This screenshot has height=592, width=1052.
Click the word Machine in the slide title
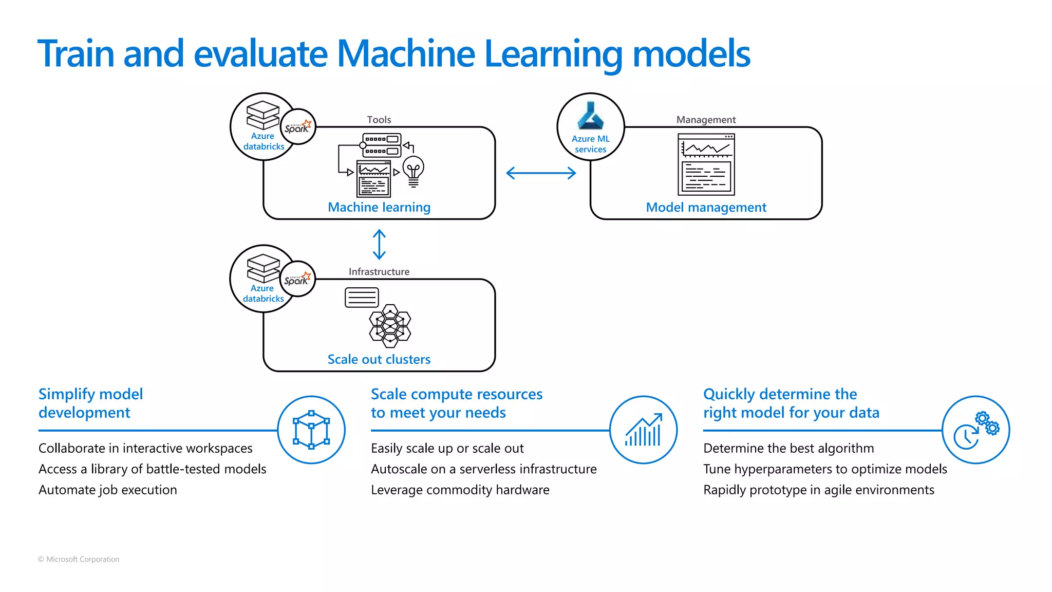click(x=406, y=53)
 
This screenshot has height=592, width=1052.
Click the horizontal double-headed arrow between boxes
click(x=541, y=173)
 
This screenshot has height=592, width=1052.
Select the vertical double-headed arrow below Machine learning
click(x=379, y=244)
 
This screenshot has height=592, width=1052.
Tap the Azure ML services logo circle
click(x=591, y=126)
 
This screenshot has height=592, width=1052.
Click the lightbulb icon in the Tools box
click(x=414, y=171)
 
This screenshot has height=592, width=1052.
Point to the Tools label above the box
click(x=379, y=120)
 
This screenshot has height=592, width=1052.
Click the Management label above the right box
click(x=706, y=120)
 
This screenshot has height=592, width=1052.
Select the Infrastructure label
click(x=379, y=272)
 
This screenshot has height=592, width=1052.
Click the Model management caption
click(x=706, y=208)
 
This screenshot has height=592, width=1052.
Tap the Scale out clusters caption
click(x=379, y=360)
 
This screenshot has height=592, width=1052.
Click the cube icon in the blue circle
click(x=311, y=430)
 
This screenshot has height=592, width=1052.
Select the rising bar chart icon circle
click(x=643, y=430)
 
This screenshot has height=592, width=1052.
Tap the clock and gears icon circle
click(x=975, y=430)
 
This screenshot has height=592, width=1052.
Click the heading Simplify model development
click(x=91, y=403)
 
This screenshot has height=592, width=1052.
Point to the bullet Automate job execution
click(x=108, y=490)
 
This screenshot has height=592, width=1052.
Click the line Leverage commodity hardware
click(x=460, y=490)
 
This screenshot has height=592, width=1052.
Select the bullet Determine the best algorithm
click(x=788, y=449)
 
